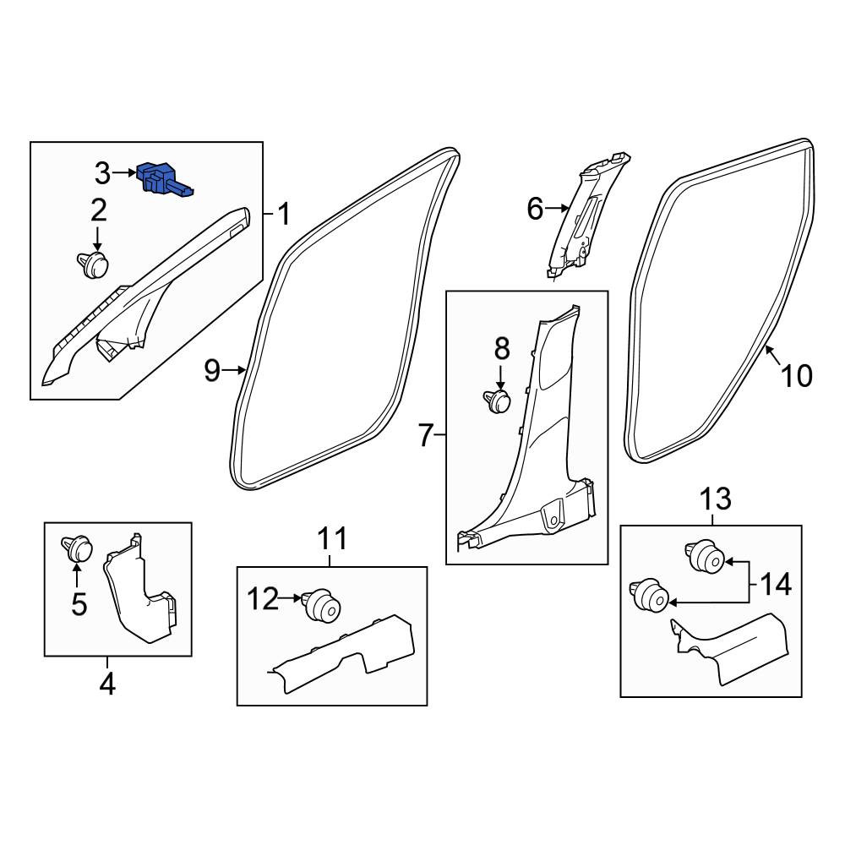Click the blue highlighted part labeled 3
161,178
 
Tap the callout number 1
283,214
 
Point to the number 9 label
213,370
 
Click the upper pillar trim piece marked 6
586,215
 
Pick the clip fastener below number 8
496,401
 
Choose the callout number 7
426,435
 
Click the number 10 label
797,376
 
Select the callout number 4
108,684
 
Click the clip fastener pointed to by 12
321,606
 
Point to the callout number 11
332,539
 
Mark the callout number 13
716,499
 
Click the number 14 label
776,584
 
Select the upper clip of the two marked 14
705,556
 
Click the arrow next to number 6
557,208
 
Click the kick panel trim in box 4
140,588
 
